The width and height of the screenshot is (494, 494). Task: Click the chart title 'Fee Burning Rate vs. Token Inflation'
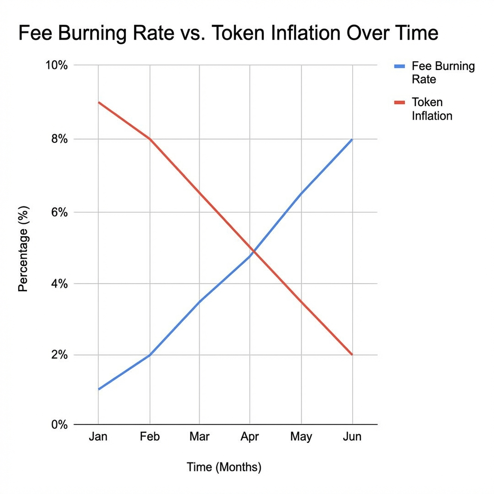click(228, 34)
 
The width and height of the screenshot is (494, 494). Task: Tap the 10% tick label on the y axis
click(56, 66)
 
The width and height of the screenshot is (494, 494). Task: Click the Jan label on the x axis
click(98, 437)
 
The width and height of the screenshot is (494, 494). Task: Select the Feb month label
click(150, 437)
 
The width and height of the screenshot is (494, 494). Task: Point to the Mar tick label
click(199, 437)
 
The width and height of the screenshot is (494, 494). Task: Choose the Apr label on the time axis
click(249, 437)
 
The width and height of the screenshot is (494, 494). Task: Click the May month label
click(301, 437)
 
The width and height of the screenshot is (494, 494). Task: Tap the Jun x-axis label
click(352, 437)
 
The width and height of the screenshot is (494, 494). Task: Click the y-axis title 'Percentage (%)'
click(23, 249)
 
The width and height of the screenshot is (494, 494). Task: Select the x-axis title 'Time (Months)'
click(224, 467)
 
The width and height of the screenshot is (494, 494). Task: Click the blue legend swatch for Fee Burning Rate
click(399, 66)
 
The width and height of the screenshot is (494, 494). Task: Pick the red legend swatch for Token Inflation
click(399, 102)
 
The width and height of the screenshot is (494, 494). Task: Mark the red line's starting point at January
click(98, 102)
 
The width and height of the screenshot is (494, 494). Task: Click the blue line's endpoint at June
click(352, 139)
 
